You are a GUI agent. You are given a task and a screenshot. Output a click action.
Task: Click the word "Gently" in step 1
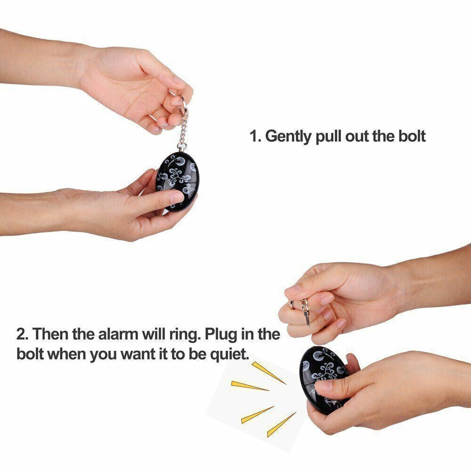[288, 137]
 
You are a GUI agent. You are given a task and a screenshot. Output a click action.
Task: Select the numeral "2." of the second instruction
[22, 334]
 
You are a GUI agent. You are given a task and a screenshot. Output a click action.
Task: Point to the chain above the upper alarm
[183, 129]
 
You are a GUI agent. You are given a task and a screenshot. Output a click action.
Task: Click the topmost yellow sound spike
[268, 373]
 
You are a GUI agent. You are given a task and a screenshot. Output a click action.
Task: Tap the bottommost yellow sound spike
[281, 425]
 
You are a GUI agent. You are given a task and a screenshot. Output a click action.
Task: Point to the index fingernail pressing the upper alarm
[177, 197]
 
